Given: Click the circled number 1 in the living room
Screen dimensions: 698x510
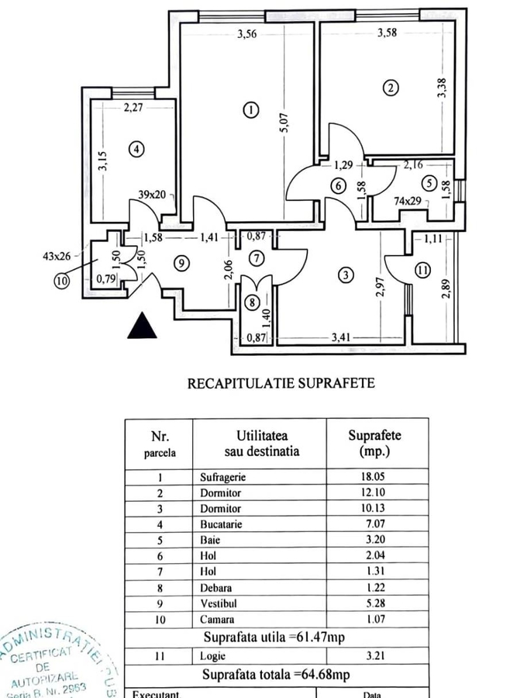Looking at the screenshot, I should point(250,109).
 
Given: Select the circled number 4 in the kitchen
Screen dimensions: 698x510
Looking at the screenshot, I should point(136,149).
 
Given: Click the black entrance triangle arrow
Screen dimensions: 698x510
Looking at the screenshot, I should point(142,325).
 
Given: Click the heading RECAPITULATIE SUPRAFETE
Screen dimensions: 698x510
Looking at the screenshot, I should point(281,383).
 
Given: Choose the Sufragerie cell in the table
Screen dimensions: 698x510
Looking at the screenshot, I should point(215,479).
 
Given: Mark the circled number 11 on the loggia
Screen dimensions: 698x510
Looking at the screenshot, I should point(421,271).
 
